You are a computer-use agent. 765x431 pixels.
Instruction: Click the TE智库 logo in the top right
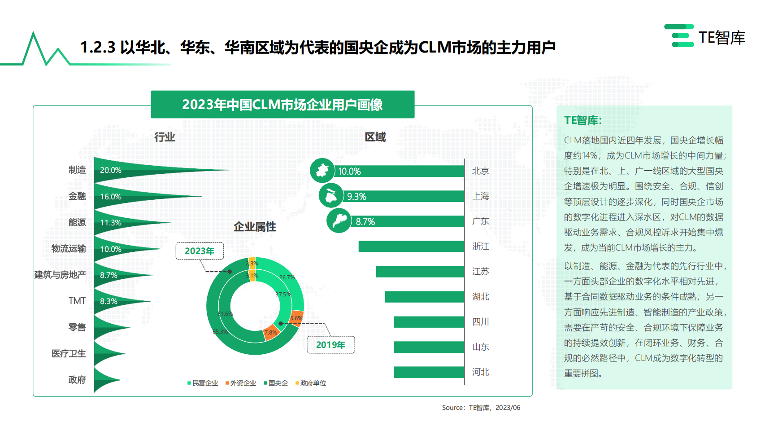click(x=704, y=36)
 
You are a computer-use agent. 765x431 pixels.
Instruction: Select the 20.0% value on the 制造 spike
click(x=111, y=171)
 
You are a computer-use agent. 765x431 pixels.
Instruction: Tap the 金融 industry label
click(x=77, y=196)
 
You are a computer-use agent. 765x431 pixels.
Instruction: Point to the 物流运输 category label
click(x=69, y=249)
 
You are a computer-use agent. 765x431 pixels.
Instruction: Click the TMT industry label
click(x=77, y=301)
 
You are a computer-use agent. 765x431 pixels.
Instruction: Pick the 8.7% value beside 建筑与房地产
click(x=109, y=275)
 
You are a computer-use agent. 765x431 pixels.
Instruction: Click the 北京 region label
click(x=480, y=171)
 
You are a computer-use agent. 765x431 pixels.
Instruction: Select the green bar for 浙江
click(x=411, y=246)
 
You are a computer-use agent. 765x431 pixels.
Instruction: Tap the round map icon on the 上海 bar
click(x=331, y=196)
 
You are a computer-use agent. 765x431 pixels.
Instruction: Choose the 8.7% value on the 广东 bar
click(x=365, y=222)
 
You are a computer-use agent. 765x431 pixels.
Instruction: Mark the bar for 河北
click(x=429, y=372)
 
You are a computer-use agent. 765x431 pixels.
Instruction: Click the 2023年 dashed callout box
click(x=200, y=251)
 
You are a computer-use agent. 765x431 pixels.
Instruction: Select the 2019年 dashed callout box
click(x=330, y=345)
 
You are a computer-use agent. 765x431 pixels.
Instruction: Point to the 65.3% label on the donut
click(x=220, y=332)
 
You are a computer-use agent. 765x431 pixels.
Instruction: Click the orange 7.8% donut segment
click(x=271, y=333)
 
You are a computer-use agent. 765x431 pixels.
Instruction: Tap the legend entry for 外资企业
click(x=241, y=383)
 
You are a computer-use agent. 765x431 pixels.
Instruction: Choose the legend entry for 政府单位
click(x=311, y=383)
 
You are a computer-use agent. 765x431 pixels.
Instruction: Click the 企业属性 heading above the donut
click(x=255, y=227)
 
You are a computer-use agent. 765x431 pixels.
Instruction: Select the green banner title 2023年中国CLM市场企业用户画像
click(x=283, y=105)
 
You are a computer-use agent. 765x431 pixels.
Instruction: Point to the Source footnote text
click(x=481, y=408)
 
